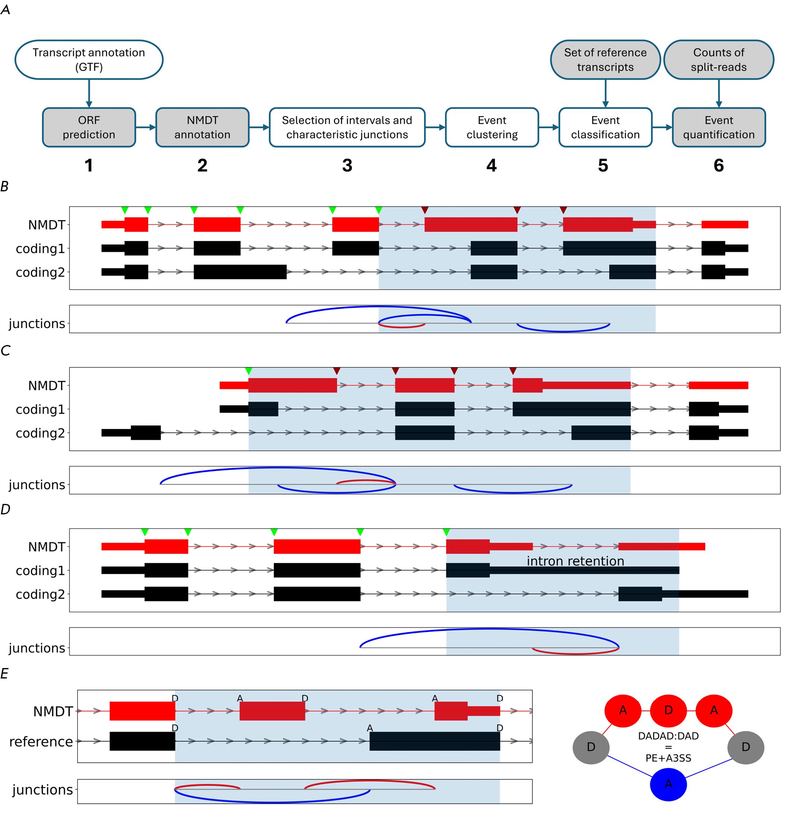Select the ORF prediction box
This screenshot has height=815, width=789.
(x=89, y=127)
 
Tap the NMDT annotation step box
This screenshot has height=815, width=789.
(x=202, y=127)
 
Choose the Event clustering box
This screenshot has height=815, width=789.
(x=492, y=127)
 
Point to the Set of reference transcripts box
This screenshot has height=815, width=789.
(x=605, y=60)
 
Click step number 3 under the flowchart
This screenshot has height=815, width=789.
(x=347, y=166)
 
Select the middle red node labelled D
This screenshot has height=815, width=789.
(x=668, y=711)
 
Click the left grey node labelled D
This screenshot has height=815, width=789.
(x=591, y=747)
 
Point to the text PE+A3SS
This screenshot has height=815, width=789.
(x=668, y=758)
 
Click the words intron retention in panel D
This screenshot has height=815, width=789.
(x=575, y=561)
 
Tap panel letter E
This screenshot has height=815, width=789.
(x=4, y=674)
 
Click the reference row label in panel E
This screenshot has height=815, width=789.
(x=41, y=742)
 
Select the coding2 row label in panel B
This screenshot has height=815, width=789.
(x=40, y=272)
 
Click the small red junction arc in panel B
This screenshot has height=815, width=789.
(x=402, y=327)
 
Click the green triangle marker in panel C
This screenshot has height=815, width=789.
(x=249, y=371)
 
